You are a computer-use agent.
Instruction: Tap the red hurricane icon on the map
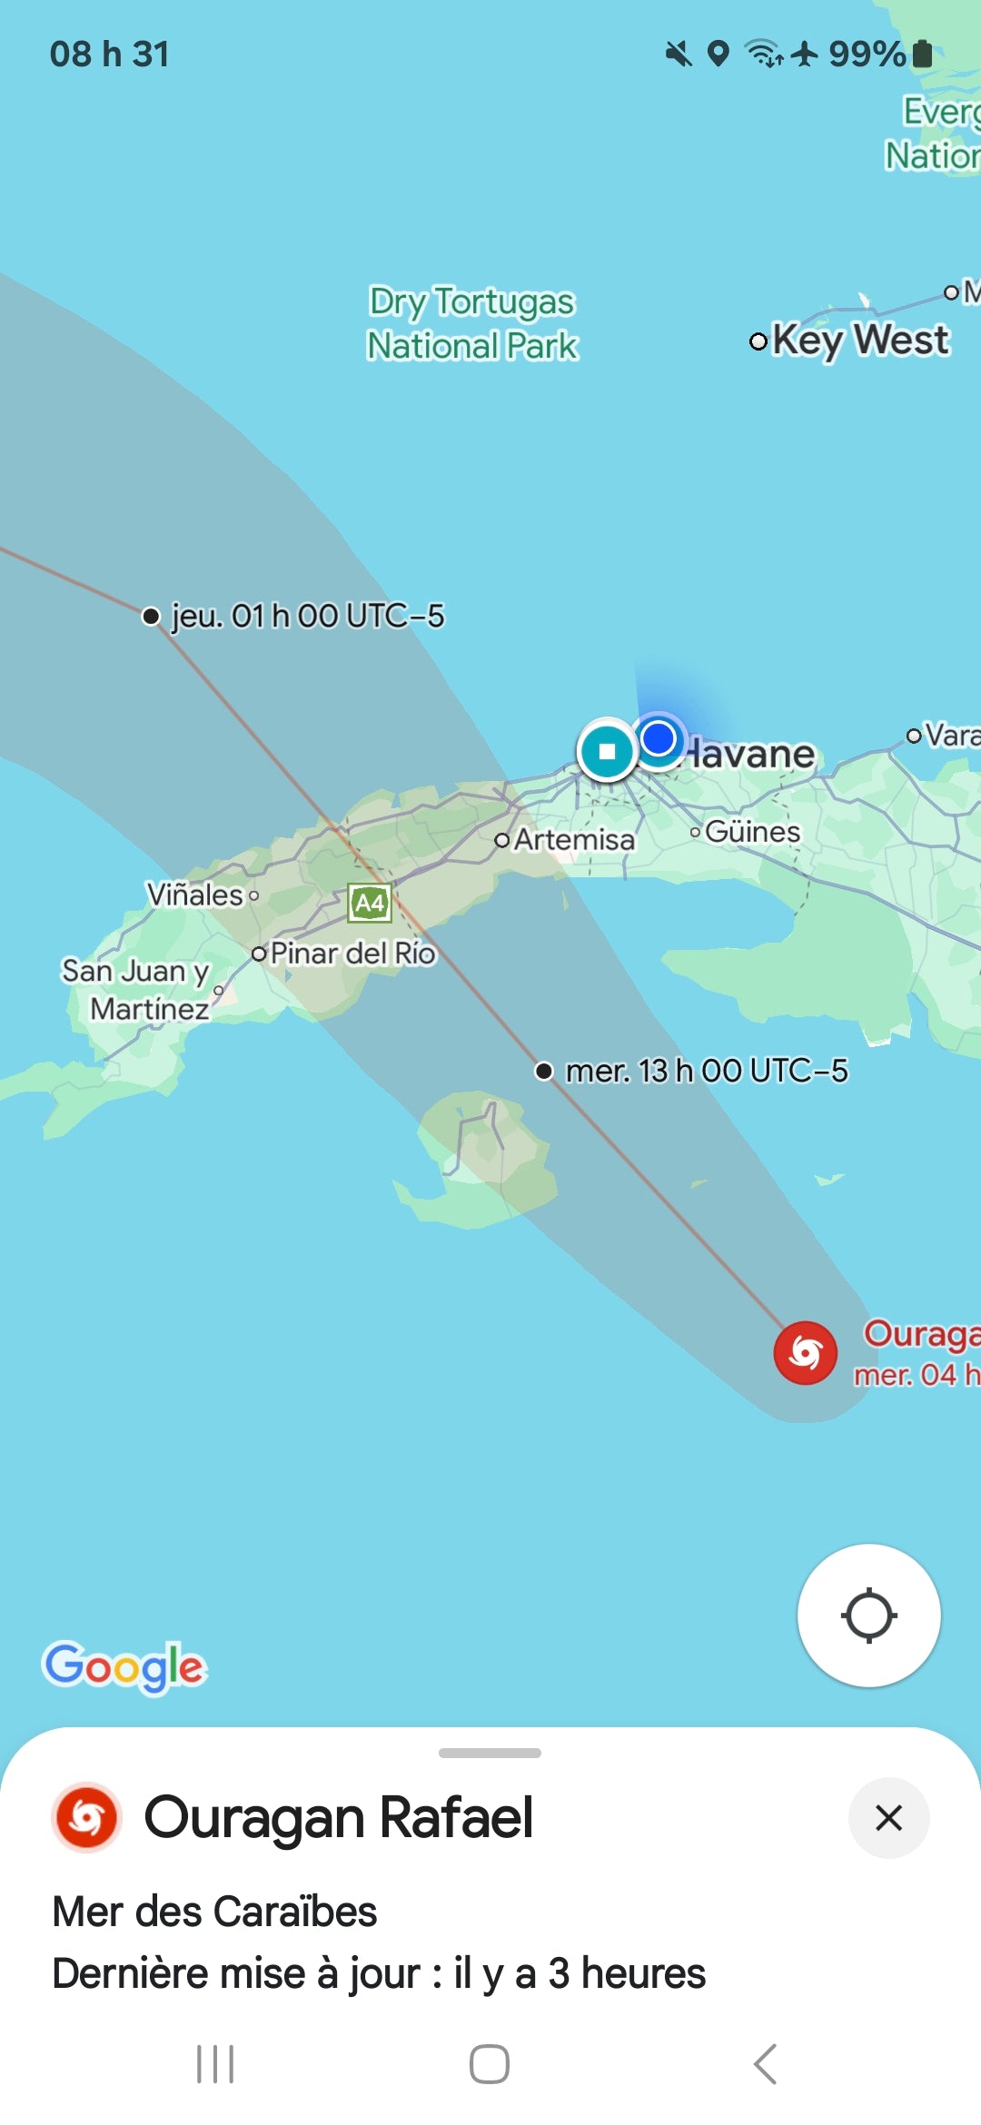pos(805,1353)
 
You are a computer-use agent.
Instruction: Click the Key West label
pos(859,341)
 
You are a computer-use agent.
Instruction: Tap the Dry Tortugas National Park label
pos(472,323)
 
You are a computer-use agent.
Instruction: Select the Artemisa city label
pos(573,840)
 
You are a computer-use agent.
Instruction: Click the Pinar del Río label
pos(352,953)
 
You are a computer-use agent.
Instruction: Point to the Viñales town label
pos(195,895)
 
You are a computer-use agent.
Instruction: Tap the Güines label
pos(752,832)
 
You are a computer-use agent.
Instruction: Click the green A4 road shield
pos(370,903)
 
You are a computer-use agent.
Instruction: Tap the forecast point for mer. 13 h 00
pos(544,1072)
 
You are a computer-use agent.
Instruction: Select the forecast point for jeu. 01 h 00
pos(152,617)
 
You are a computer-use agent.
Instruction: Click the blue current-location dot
pos(659,738)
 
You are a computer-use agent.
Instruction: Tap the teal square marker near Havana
pos(607,751)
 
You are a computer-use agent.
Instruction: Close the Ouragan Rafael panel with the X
pos(888,1818)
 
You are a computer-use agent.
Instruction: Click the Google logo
pos(125,1666)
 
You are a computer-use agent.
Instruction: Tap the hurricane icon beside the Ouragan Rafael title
pos(87,1818)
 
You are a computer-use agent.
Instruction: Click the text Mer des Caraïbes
pos(214,1912)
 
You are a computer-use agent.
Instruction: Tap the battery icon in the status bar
pos(922,54)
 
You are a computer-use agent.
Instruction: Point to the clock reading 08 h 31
pos(109,54)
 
